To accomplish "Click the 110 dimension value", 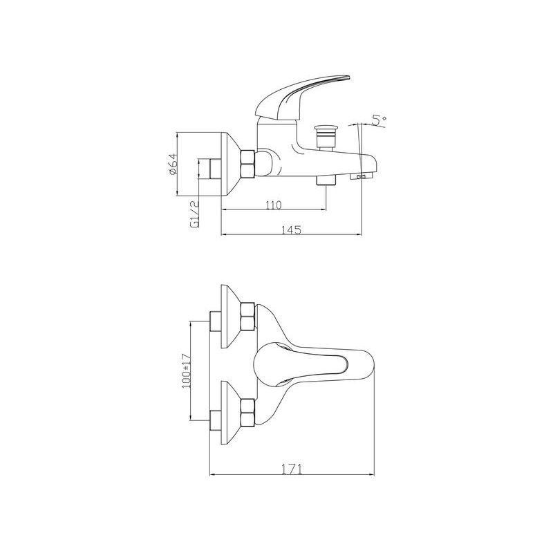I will point(274,205).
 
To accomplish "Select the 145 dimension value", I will point(291,230).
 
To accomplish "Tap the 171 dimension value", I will point(291,469).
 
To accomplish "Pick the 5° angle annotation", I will point(377,120).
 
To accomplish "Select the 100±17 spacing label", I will point(185,373).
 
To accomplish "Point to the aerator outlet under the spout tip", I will point(362,178).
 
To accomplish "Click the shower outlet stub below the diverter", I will point(324,180).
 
